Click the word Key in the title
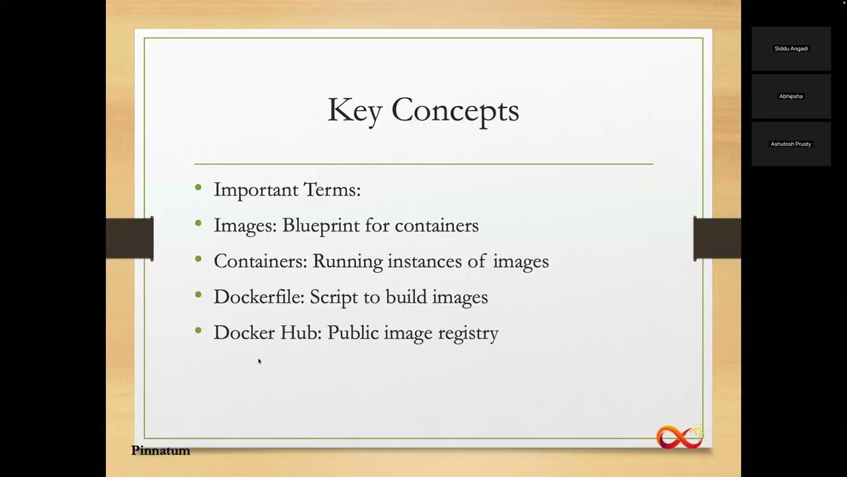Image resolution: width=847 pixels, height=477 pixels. coord(354,111)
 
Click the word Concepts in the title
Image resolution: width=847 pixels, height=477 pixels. coord(455,111)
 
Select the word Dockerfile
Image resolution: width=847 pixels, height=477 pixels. coord(258,297)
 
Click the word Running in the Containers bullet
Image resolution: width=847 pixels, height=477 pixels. coord(347,262)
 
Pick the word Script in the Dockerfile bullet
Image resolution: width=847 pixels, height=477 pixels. coord(335,297)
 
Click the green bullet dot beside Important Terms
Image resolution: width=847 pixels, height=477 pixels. coord(199,188)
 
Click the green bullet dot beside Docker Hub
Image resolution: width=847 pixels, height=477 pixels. coord(199,331)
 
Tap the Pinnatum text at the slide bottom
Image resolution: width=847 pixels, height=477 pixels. coord(160,450)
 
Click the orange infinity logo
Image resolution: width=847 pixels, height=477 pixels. coord(679,437)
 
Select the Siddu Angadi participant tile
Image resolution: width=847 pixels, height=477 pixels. coord(791,48)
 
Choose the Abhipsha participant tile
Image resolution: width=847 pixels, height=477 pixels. coord(791,96)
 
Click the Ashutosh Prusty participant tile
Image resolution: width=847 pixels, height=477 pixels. coord(791,144)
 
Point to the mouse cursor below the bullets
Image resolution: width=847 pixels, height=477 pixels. coord(259,361)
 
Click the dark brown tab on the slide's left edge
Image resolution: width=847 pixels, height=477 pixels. coord(130,238)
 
